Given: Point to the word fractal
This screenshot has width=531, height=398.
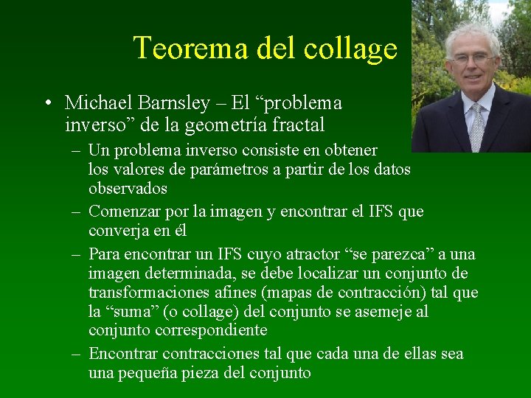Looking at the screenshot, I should coord(298,125).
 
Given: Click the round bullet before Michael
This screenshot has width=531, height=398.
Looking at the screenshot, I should coord(46,103).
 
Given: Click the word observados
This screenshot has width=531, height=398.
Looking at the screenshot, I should coord(128,189).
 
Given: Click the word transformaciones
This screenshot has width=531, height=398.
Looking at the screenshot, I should coord(151,293).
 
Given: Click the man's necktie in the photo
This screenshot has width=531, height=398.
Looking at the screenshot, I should coord(477,126).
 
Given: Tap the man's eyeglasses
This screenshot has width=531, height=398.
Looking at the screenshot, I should coord(473,58).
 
